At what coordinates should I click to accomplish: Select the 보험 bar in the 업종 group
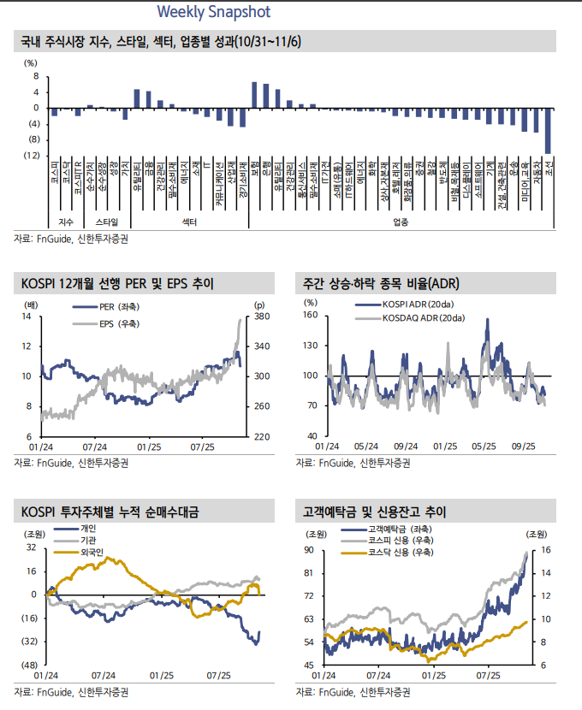coord(254,95)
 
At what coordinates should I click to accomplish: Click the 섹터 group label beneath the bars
coord(190,222)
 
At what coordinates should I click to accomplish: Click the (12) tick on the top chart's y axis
coord(31,155)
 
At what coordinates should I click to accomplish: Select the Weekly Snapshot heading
coord(214,12)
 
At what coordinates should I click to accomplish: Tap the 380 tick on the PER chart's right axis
coord(261,317)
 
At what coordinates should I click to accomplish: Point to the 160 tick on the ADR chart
coord(310,317)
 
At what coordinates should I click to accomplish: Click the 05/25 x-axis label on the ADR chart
coord(484,446)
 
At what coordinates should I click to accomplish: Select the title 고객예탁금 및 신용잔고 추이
coord(374,512)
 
